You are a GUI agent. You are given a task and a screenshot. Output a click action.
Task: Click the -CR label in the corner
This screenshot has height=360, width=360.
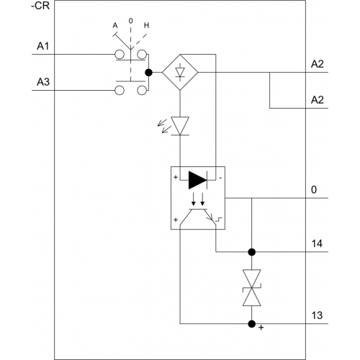point(40,6)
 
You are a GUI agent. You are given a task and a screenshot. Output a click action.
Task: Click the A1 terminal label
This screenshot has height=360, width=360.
point(43,46)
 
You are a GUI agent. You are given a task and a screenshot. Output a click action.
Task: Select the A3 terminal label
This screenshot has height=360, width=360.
point(43,82)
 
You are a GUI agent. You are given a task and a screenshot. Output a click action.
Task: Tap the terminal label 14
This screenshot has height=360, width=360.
point(317,243)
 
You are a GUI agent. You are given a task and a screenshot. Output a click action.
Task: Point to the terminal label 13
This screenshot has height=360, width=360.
point(317,315)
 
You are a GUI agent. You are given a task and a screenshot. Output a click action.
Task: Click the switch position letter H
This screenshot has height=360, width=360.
point(146,25)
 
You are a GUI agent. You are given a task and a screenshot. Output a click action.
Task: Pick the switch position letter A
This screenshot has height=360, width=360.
point(115,25)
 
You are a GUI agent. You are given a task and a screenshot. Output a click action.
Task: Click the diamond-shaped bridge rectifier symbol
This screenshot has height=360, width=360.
point(180,72)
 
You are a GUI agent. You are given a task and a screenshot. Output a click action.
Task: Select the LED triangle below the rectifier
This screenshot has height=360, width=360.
point(180,125)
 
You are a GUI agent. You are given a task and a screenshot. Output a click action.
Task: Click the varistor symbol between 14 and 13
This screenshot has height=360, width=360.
point(252,287)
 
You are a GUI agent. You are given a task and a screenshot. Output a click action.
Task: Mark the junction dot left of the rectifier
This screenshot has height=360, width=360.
point(149,72)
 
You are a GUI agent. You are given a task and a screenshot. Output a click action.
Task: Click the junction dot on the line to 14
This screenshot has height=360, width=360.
point(252,252)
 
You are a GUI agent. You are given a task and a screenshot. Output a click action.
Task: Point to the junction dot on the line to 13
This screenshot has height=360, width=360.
point(252,324)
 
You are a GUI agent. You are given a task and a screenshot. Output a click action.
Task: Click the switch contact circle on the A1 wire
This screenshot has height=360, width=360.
point(120,55)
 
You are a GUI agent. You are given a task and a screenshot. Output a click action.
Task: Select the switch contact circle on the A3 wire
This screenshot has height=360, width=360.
point(120,91)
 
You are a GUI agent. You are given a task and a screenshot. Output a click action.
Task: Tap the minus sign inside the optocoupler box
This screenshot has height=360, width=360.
point(220,178)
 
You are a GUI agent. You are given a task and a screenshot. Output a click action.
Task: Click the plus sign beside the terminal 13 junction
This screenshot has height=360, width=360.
point(261,328)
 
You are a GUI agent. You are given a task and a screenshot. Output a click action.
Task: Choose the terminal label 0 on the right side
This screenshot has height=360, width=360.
point(314,190)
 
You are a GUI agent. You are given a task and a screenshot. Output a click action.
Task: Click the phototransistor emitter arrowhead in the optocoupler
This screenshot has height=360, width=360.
point(210,217)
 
